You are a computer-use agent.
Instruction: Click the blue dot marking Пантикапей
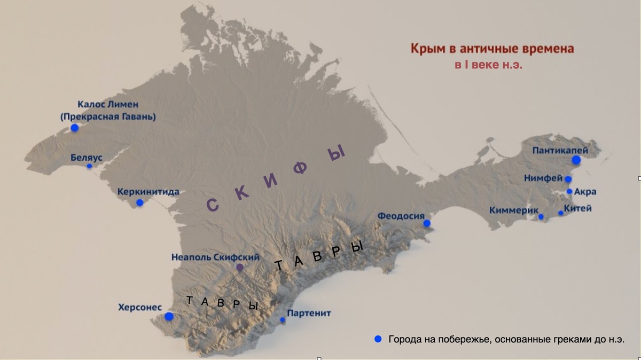pos(576,160)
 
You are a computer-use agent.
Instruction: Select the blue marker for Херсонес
pos(169,316)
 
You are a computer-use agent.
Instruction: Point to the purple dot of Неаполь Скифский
pos(240,267)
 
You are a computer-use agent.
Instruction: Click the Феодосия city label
pos(401,216)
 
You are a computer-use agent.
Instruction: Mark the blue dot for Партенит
pos(283,320)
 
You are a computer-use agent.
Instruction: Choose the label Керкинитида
pos(148,192)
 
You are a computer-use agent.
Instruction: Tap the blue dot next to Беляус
pos(90,166)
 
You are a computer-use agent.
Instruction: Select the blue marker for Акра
pos(569,191)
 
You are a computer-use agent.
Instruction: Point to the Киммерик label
pos(513,210)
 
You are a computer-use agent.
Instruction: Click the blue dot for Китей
pos(560,213)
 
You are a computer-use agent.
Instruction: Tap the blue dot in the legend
pos(378,339)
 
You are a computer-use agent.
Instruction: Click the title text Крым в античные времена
pos(492,49)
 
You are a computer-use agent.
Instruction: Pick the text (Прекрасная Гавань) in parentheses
pos(108,116)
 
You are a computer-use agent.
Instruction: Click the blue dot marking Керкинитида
pos(139,202)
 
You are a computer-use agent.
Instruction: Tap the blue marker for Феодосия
pos(427,223)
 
